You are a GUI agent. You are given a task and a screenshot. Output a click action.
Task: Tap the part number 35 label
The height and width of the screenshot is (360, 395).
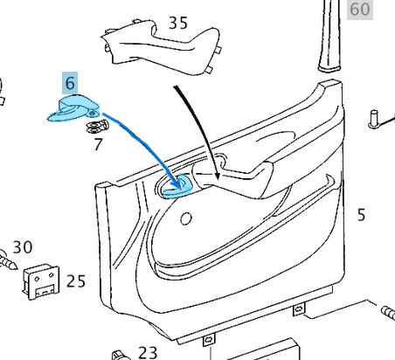pos(177,23)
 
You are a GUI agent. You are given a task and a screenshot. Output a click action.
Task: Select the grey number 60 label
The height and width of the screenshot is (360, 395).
pos(360,10)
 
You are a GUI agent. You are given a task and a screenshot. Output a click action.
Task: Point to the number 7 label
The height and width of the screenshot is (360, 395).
pos(98,144)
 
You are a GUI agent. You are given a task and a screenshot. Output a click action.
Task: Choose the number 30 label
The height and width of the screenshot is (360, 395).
pos(23,247)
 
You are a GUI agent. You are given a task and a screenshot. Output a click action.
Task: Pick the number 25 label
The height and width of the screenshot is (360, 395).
pos(76,281)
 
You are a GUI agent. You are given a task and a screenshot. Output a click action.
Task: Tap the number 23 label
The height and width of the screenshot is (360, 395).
pos(148,351)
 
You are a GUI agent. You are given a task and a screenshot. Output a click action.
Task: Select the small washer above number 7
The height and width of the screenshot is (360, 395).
pos(92,128)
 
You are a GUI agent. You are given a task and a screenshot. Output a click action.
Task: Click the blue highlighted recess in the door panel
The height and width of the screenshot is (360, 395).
pos(179,187)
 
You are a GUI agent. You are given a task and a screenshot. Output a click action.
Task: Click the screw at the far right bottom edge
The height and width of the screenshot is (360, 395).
pos(388,311)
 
